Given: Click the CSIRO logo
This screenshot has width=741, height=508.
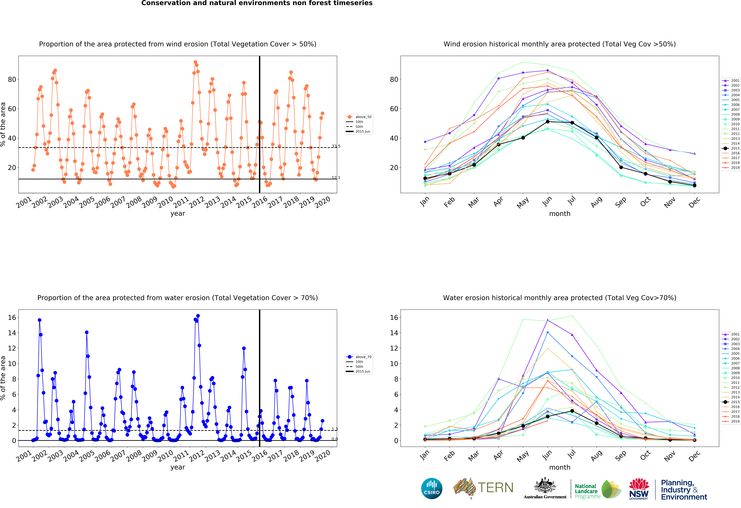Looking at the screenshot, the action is tap(432, 488).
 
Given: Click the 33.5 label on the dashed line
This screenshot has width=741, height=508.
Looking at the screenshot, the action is tap(336, 146).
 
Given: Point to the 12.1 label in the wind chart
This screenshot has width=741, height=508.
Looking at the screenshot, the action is tap(336, 178).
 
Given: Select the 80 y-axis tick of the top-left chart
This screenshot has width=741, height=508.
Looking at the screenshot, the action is tap(12, 79).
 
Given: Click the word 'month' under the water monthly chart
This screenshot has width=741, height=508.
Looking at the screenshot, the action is tap(560, 467).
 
